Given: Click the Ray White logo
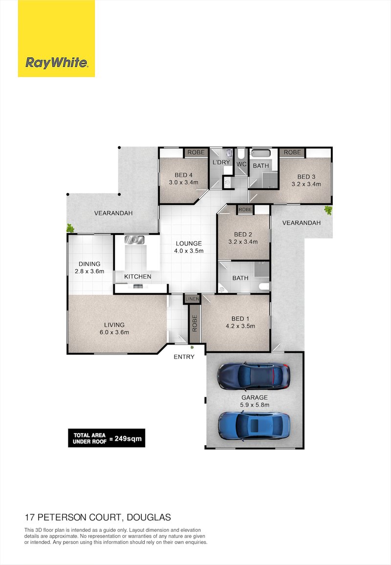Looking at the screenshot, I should coord(56,63).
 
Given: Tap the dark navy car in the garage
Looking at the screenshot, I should coord(254,375).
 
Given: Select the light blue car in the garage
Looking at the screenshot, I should coord(254,424).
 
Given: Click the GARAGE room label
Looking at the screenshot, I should coord(254,397).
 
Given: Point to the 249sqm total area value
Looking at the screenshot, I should coord(126,438).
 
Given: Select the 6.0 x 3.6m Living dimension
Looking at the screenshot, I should coord(114,332).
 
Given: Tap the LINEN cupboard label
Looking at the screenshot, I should coord(191,299).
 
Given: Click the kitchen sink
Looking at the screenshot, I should coord(133,240).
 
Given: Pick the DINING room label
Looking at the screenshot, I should coord(89,263).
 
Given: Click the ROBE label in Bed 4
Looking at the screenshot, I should coord(194,152).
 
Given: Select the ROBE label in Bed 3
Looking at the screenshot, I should coord(292,152).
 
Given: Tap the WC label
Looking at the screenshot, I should coord(241,164).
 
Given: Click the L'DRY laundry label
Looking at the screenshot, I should coord(220,162).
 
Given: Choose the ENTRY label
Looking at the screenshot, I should coord(184,357).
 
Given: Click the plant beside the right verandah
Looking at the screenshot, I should coord(328,210).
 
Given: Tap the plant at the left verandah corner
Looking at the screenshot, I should coord(71,227).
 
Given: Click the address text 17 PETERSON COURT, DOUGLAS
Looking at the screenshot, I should coord(98,517).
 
